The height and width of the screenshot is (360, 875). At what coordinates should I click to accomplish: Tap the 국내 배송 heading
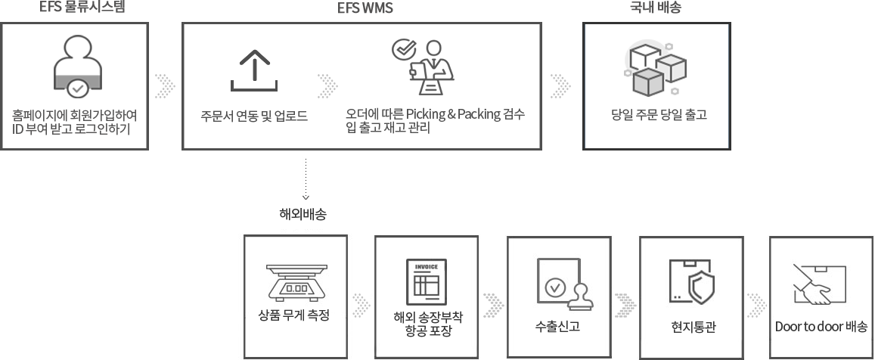pyautogui.click(x=656, y=8)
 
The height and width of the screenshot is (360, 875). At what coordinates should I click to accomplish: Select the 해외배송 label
pyautogui.click(x=303, y=215)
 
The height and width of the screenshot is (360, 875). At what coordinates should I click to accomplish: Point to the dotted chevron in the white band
pyautogui.click(x=327, y=85)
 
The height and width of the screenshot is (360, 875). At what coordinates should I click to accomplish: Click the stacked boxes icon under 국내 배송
pyautogui.click(x=655, y=68)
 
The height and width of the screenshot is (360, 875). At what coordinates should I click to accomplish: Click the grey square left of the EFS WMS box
pyautogui.click(x=165, y=85)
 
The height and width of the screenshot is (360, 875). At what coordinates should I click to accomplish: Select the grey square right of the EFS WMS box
pyautogui.click(x=560, y=85)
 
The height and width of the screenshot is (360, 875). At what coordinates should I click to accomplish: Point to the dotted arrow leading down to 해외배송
pyautogui.click(x=306, y=178)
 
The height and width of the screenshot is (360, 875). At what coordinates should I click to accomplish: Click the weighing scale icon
pyautogui.click(x=296, y=281)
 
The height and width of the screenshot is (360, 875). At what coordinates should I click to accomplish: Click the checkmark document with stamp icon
pyautogui.click(x=560, y=284)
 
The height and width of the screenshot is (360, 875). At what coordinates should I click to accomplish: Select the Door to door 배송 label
pyautogui.click(x=821, y=327)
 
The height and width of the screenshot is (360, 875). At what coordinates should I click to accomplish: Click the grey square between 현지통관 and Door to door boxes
pyautogui.click(x=756, y=305)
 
